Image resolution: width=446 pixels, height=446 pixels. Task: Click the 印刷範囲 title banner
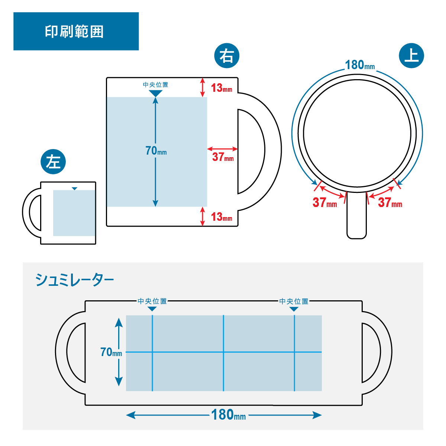(x=76, y=31)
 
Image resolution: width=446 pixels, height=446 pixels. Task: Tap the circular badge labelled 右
(x=227, y=56)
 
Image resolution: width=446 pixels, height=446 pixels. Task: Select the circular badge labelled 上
(x=411, y=56)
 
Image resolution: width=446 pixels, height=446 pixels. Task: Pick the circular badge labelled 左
(x=53, y=162)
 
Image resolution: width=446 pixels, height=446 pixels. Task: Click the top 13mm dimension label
(x=222, y=88)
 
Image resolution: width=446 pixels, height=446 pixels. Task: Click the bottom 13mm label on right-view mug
(x=222, y=217)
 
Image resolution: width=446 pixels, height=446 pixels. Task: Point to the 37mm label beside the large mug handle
(x=223, y=157)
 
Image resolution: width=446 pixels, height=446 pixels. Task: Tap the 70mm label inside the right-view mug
(x=156, y=151)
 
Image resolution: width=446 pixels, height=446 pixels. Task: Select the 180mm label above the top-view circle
(x=360, y=65)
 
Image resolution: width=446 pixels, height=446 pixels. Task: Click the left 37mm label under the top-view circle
(x=324, y=203)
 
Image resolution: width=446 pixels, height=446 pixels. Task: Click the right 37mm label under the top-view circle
(x=390, y=203)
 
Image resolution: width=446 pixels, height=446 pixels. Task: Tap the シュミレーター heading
(x=74, y=280)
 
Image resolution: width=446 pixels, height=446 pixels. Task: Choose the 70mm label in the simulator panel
(x=111, y=352)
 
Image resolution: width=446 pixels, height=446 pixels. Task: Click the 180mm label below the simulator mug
(x=228, y=415)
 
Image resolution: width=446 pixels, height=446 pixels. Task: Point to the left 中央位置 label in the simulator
(x=152, y=301)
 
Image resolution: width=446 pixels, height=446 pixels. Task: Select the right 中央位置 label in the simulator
(x=294, y=301)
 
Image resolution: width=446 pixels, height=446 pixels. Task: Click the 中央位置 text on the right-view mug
(x=155, y=85)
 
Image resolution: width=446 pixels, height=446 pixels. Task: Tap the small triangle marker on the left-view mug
(x=75, y=188)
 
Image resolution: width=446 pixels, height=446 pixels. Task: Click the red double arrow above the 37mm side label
(x=222, y=149)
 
